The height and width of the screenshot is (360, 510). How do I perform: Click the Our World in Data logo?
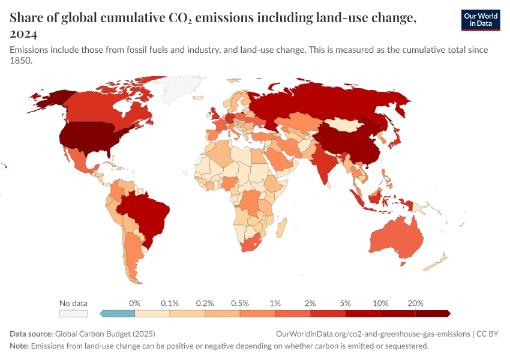480,20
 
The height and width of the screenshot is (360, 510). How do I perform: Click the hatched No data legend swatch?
73,313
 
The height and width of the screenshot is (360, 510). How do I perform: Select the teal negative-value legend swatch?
118,313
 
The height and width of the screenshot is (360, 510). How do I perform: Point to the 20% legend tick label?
415,303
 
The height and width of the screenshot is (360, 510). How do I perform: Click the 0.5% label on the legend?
240,303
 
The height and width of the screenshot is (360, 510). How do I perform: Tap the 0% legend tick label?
135,303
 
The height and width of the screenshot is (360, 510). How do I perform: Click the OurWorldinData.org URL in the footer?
373,334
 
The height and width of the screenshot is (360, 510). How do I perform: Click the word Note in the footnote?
19,346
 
